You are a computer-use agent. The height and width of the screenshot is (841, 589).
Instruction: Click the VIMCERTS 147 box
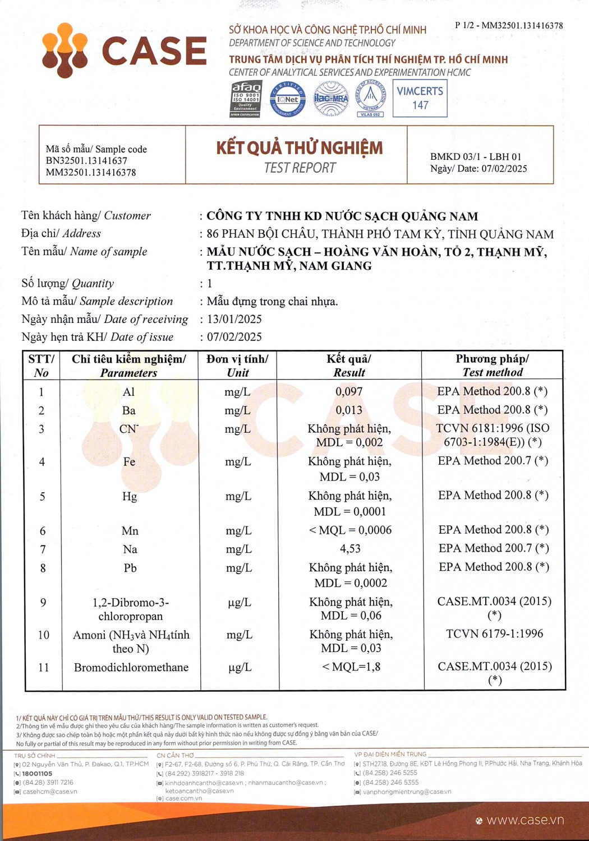420,98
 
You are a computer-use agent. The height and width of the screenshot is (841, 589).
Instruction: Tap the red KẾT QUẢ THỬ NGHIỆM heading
300,148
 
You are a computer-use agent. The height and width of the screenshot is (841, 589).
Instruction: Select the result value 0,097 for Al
349,391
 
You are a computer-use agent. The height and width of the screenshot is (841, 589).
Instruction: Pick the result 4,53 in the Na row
350,548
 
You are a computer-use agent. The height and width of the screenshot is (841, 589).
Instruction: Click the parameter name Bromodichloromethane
131,667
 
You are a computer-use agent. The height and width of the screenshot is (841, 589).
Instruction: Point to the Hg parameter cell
130,497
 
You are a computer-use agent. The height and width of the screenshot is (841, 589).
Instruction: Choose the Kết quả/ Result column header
349,366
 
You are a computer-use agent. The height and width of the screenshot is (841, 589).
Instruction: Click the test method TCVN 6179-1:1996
494,634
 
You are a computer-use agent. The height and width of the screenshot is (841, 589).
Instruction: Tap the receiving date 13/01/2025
234,319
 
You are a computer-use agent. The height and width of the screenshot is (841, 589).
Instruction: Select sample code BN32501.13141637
86,161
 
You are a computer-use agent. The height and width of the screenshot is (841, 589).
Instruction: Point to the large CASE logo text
154,51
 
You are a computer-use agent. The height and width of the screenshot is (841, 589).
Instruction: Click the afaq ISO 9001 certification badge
246,99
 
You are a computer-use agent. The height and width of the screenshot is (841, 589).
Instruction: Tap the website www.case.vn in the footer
525,820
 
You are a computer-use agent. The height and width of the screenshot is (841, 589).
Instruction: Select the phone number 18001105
37,773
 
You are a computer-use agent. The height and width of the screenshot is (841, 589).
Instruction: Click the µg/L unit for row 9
240,603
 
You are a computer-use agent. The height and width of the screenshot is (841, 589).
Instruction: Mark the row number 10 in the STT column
43,635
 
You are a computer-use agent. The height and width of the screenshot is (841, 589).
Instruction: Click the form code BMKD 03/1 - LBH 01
476,156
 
